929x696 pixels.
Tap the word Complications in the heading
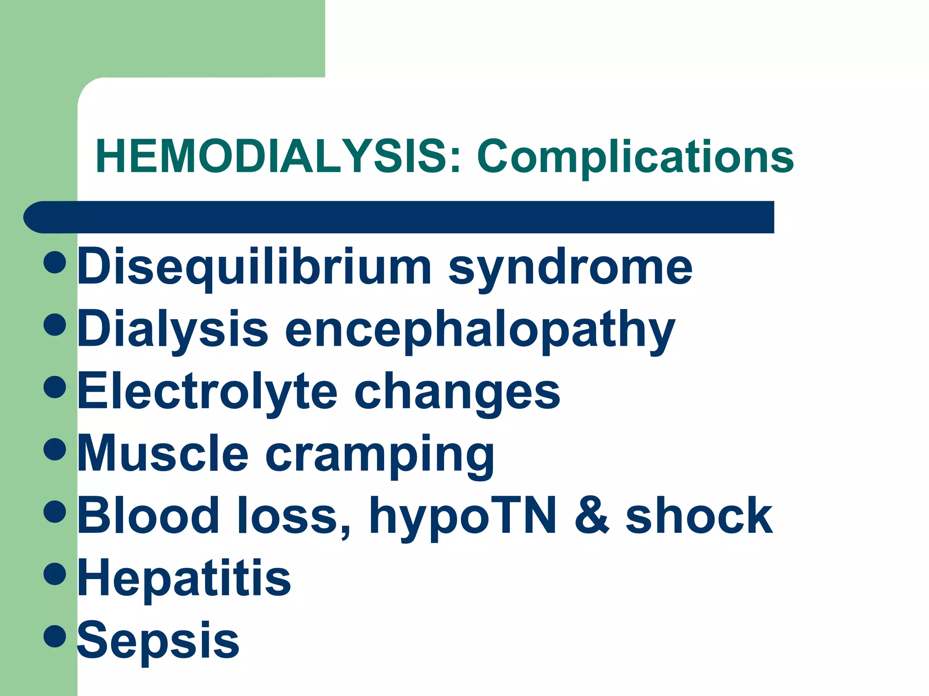(x=635, y=157)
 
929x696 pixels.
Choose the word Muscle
(x=163, y=454)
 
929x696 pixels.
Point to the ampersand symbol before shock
(x=592, y=516)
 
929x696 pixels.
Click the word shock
(x=699, y=516)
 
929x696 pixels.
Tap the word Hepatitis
(x=184, y=578)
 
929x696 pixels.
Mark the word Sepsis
(x=158, y=640)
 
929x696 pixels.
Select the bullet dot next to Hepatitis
(x=55, y=574)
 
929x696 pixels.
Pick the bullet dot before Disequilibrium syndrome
(x=55, y=263)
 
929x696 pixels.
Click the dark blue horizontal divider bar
(x=399, y=217)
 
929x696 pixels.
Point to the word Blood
(x=148, y=516)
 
